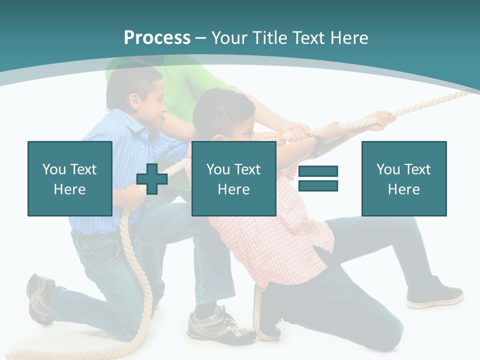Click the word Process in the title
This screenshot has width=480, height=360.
[157, 37]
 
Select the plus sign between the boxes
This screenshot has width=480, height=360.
[152, 178]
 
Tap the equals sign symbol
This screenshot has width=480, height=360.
[318, 178]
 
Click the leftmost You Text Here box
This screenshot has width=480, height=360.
[70, 178]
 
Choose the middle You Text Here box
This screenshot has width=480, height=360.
[233, 178]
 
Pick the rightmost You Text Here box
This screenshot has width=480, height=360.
[403, 178]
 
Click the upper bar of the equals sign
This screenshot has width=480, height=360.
[318, 171]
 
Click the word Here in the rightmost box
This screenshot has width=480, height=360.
[403, 189]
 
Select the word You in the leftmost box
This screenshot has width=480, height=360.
[54, 169]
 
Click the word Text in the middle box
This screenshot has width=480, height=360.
[247, 169]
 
